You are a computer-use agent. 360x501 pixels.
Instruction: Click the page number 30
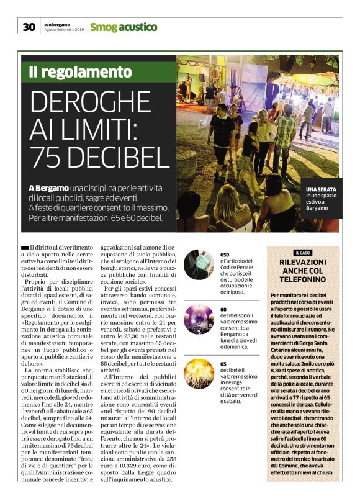click(29, 27)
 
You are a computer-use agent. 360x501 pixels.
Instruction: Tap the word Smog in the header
click(103, 27)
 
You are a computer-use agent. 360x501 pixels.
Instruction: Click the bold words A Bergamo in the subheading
click(48, 187)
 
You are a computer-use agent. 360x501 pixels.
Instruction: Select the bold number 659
click(225, 255)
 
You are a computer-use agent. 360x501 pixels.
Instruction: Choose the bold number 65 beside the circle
click(223, 364)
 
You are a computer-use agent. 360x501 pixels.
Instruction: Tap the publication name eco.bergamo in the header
click(57, 24)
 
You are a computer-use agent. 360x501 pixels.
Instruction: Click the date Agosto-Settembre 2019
click(64, 30)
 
